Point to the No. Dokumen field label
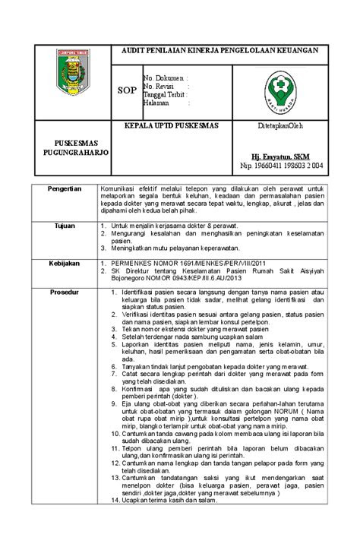coord(165,77)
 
